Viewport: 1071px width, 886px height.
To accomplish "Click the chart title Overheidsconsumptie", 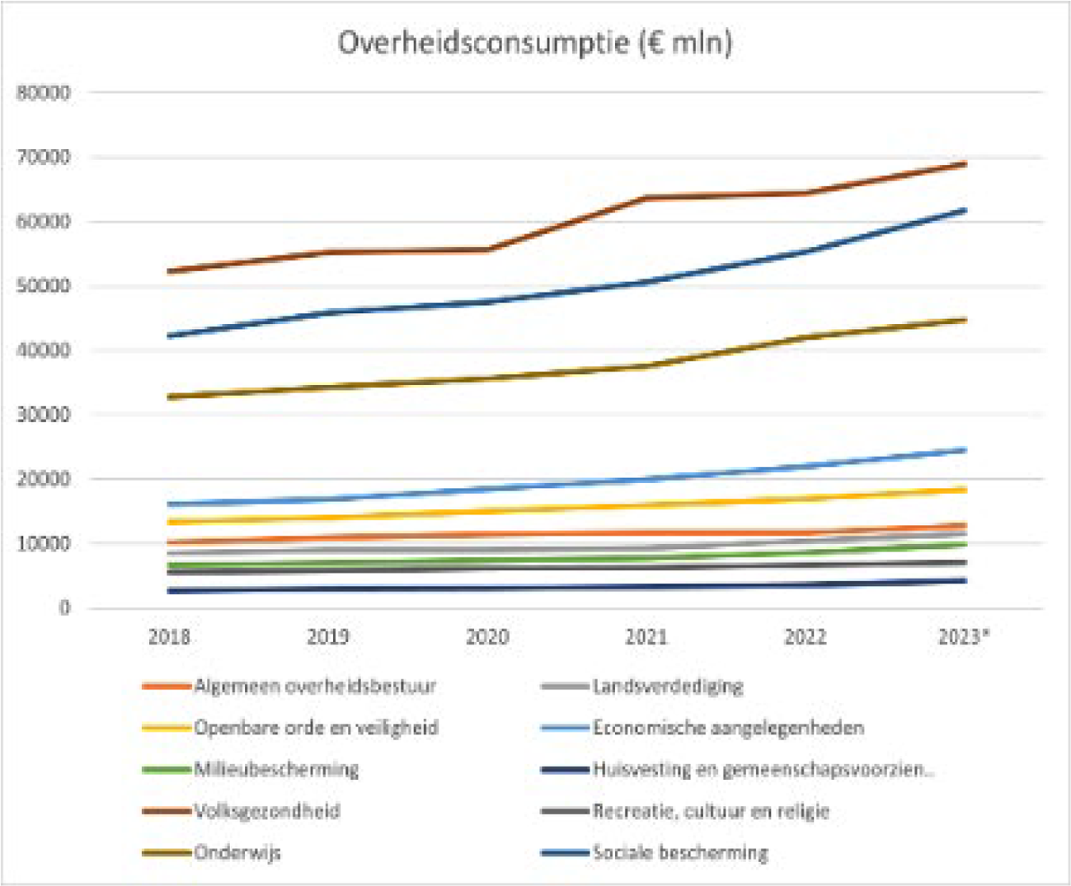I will (534, 43).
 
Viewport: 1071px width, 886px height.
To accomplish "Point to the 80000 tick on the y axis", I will (44, 93).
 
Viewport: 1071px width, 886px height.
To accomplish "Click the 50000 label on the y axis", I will (44, 286).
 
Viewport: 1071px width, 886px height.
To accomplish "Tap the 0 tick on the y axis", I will (63, 608).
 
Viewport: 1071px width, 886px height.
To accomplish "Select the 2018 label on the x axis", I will (169, 637).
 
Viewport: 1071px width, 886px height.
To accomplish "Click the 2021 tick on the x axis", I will (646, 637).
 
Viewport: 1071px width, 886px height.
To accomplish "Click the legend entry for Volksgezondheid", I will (267, 811).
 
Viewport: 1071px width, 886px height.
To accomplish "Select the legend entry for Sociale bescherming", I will (680, 853).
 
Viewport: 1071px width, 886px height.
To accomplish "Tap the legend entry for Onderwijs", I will (237, 853).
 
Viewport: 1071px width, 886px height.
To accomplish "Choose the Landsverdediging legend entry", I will (668, 687).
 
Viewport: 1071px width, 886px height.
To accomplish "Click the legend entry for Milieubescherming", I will (276, 770).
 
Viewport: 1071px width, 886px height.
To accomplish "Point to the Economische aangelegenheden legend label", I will (728, 728).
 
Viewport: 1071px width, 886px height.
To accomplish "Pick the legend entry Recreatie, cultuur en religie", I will (711, 811).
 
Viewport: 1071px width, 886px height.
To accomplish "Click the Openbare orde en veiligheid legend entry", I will (316, 728).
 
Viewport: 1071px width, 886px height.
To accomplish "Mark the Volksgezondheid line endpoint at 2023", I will (964, 164).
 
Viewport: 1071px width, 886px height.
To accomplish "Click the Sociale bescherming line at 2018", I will (170, 335).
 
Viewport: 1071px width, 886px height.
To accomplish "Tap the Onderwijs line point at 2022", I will (806, 337).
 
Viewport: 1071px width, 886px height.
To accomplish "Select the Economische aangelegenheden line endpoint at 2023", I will (964, 450).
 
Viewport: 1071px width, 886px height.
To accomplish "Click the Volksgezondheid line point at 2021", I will (646, 198).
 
